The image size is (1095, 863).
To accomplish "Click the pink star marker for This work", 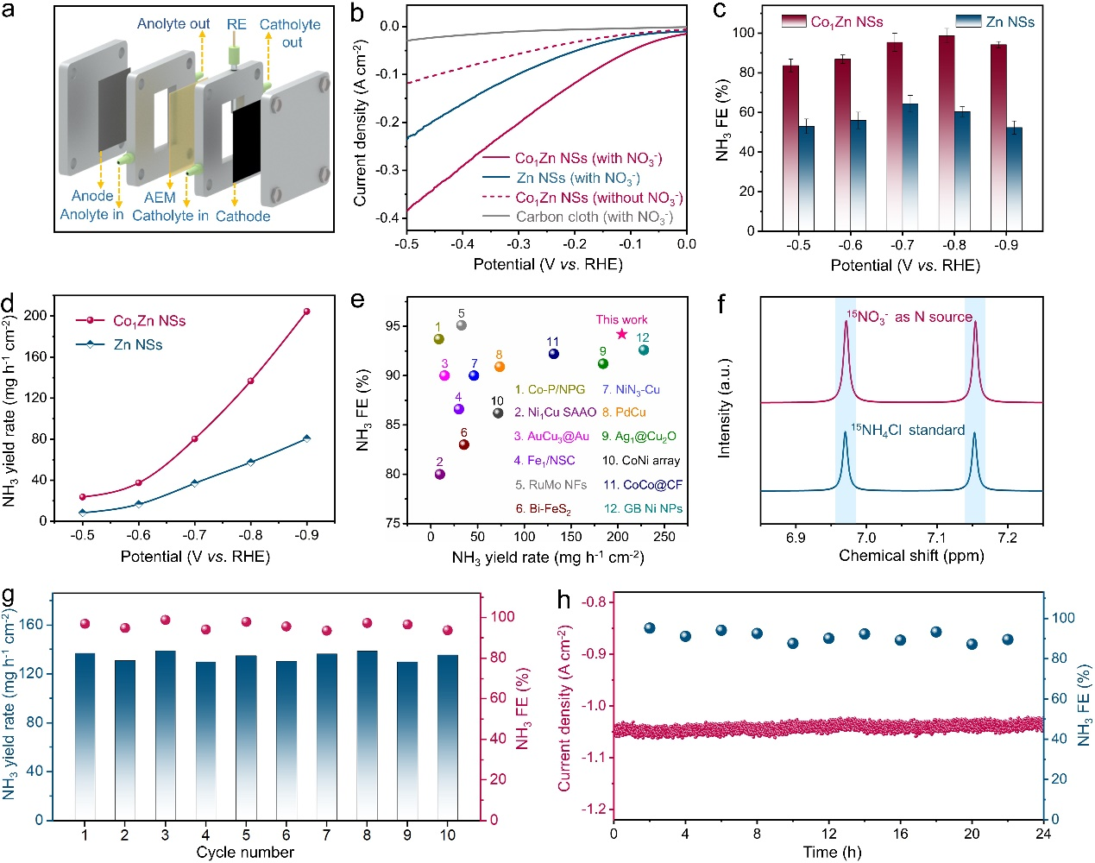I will [622, 334].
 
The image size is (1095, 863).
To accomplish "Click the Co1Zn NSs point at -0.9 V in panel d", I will [306, 312].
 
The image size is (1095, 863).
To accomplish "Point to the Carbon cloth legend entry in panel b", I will [594, 217].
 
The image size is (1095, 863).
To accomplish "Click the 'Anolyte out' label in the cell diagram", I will [173, 24].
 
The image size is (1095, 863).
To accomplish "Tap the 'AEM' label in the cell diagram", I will [160, 198].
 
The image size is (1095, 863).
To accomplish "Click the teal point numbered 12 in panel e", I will [644, 350].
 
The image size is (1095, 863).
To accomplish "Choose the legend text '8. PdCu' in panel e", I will [624, 413].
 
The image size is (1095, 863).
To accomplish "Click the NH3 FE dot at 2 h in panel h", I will [650, 628].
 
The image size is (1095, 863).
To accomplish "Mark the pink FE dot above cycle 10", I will [447, 631].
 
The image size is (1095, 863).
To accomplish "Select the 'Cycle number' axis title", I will [245, 853].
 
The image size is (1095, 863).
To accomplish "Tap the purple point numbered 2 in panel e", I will [440, 474].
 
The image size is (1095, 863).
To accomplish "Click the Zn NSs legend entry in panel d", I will [137, 344].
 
